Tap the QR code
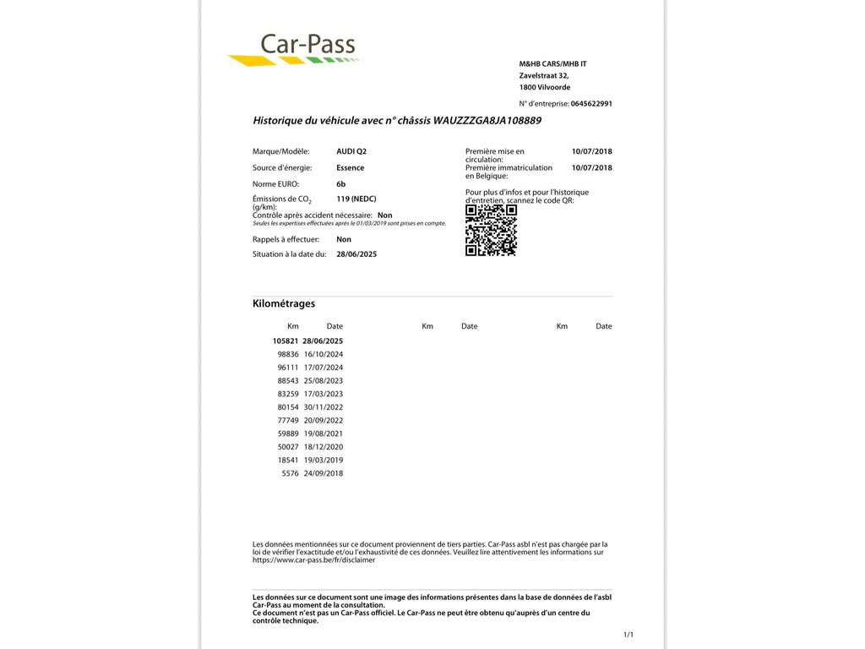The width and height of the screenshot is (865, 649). tap(491, 230)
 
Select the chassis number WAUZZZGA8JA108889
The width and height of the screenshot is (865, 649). tap(487, 121)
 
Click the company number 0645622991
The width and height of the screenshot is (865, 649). tap(591, 104)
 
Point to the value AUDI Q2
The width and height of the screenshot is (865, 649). tap(351, 151)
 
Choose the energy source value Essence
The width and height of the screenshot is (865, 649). tap(351, 167)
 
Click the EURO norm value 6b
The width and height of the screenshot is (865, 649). tap(341, 183)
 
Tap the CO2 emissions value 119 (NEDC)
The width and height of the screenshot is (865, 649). tap(356, 199)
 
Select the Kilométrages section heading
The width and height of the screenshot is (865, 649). tap(284, 303)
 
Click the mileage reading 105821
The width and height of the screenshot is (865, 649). tap(286, 341)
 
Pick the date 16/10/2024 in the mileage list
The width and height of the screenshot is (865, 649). tap(324, 354)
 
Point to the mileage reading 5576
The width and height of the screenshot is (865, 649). tap(291, 473)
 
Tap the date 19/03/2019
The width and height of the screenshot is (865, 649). tap(324, 461)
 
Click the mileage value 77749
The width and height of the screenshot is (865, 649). tap(288, 421)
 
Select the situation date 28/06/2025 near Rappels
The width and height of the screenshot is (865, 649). tap(356, 254)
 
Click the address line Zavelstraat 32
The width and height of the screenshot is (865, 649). tap(544, 76)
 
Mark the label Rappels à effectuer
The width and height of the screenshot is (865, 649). tap(286, 239)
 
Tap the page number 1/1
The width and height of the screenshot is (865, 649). tap(628, 635)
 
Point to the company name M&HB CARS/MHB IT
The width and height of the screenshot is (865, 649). tap(552, 64)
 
